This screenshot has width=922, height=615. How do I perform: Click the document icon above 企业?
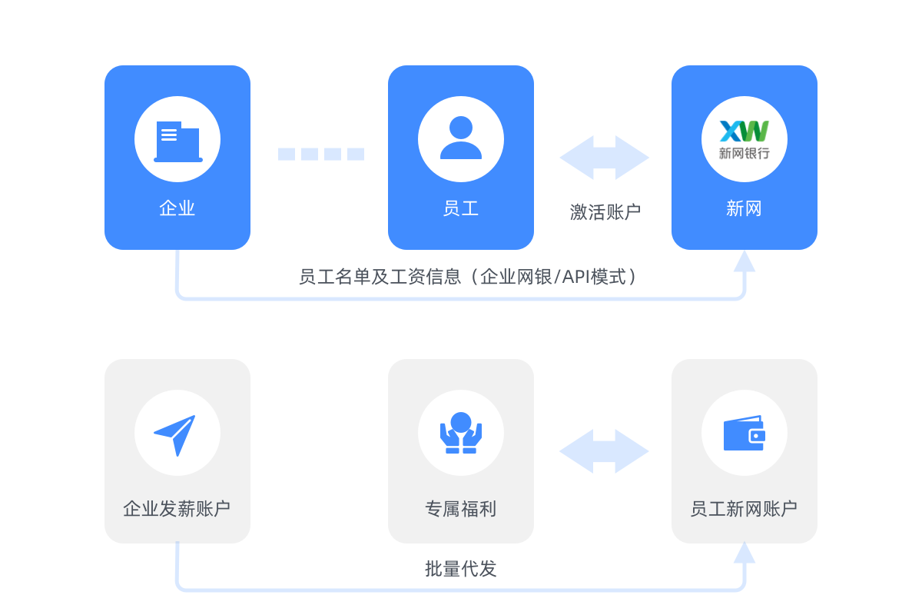(177, 141)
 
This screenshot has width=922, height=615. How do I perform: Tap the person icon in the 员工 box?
(461, 138)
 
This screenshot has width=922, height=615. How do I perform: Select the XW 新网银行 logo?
(744, 139)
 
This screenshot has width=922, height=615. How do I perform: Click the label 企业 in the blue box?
(177, 208)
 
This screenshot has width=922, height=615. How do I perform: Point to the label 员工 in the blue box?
(461, 208)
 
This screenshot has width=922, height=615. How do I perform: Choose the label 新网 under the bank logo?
(744, 208)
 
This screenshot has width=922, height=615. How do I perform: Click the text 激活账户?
(605, 212)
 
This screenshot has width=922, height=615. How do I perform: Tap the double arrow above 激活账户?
(605, 158)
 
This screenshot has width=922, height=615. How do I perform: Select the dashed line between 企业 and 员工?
(320, 154)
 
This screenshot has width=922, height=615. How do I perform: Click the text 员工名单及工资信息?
(379, 277)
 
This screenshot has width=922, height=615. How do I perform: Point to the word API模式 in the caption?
(595, 277)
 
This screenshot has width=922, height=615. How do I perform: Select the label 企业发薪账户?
(177, 509)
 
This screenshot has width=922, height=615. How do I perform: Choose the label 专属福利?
(461, 509)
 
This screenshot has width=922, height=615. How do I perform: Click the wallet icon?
(744, 434)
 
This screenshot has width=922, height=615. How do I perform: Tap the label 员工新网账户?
(744, 509)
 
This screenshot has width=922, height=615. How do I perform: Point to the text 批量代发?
(461, 569)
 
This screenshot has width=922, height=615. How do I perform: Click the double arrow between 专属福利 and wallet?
(605, 451)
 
